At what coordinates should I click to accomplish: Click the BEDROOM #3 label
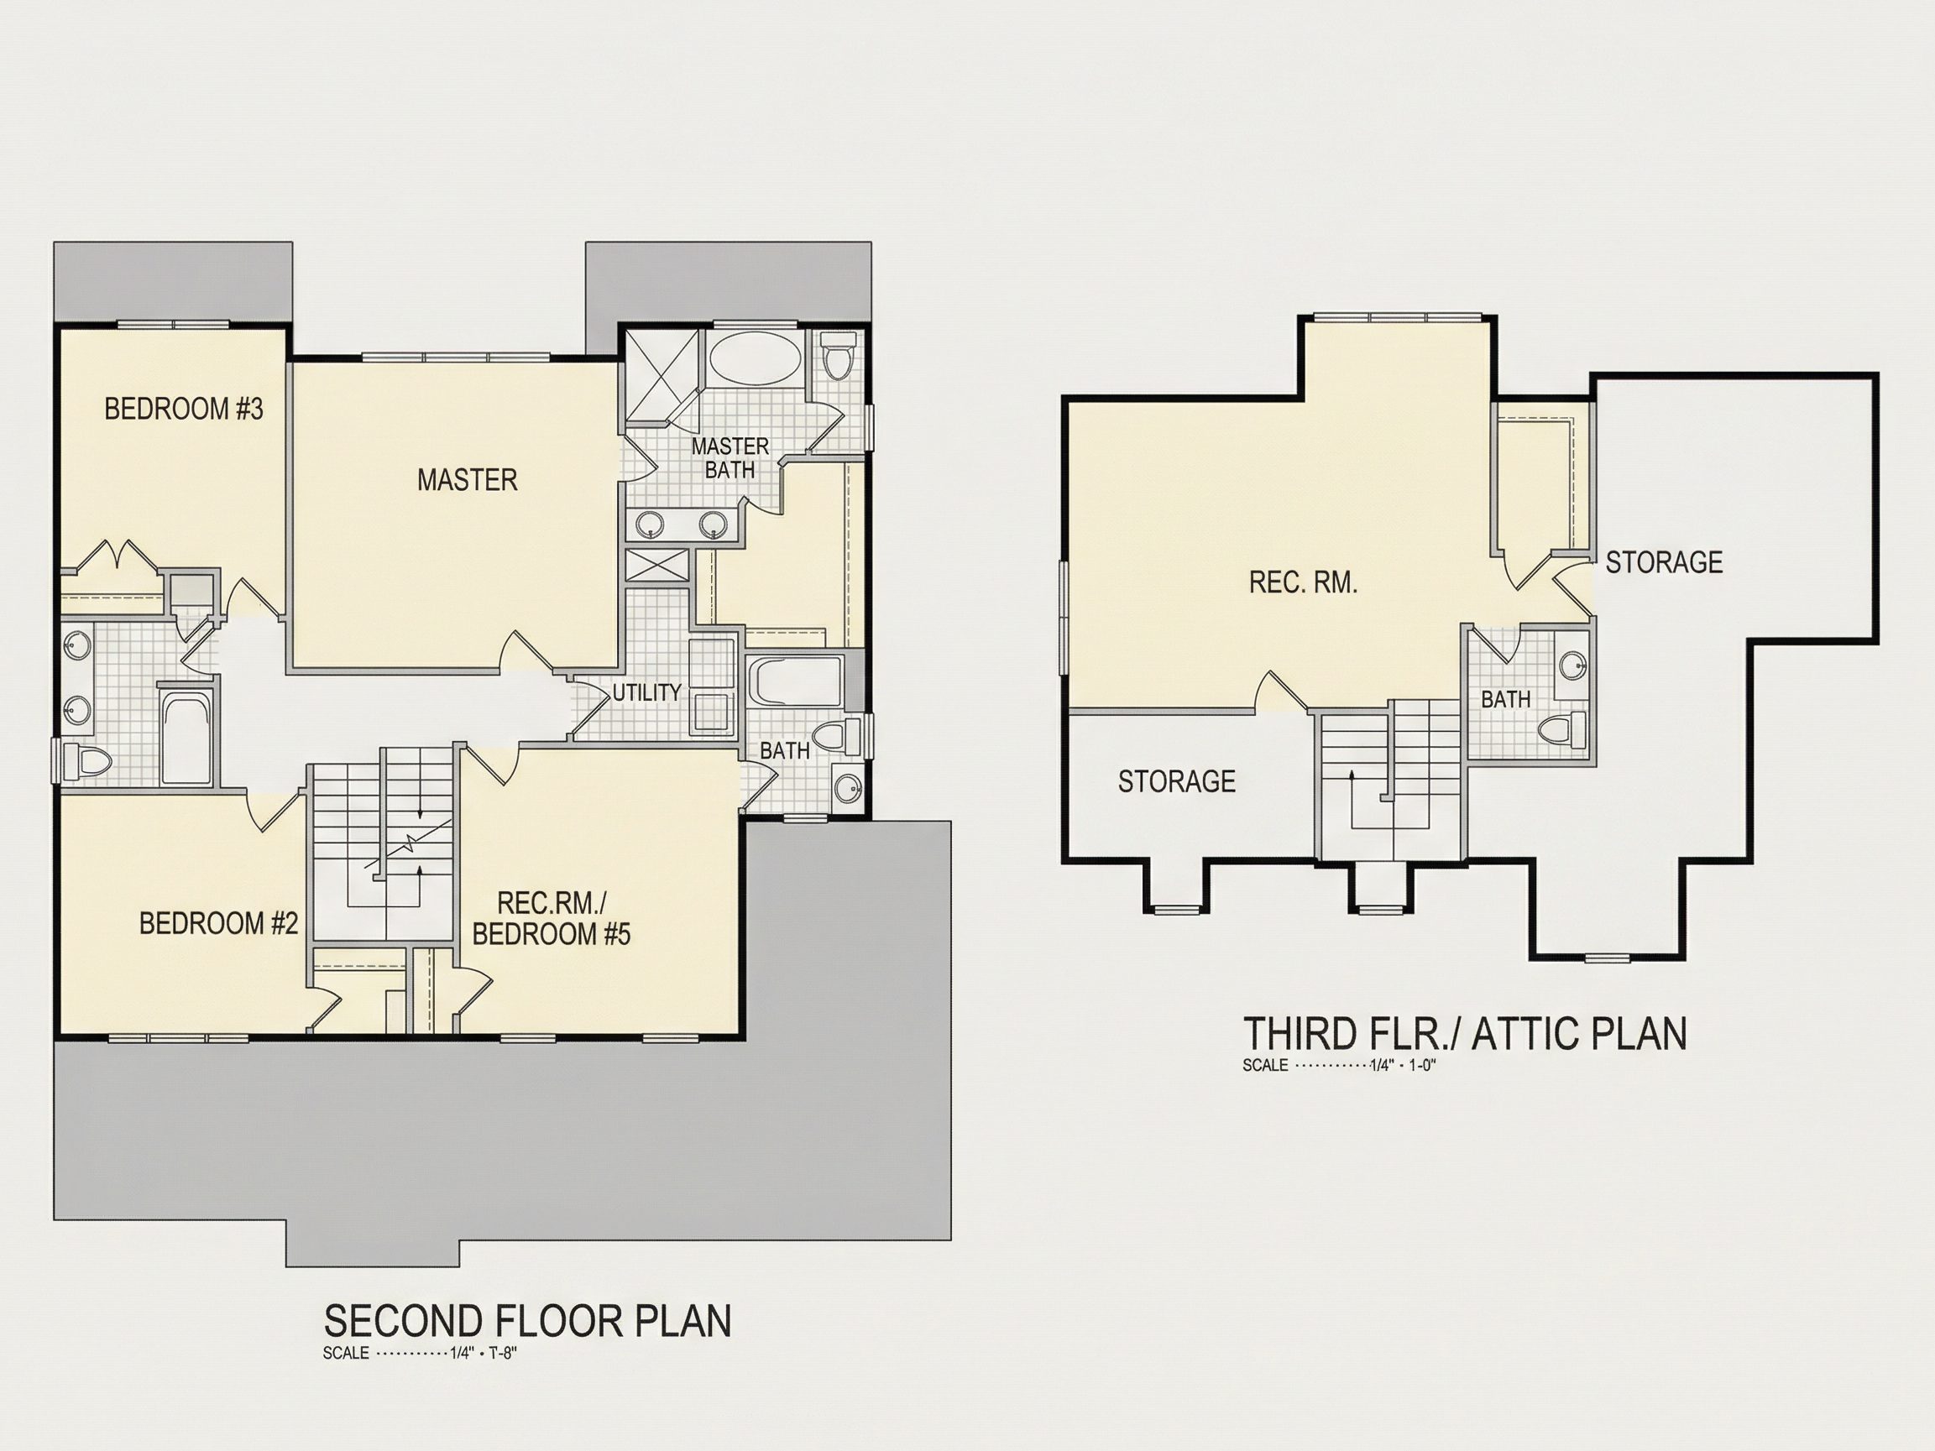click(x=184, y=409)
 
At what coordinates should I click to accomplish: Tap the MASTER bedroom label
click(x=467, y=479)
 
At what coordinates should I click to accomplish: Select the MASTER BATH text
click(x=730, y=458)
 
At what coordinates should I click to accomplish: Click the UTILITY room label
click(x=646, y=692)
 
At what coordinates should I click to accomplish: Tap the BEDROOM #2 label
click(x=219, y=923)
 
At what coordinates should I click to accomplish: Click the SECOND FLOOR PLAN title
click(x=527, y=1321)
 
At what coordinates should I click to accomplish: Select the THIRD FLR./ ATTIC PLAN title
click(x=1464, y=1034)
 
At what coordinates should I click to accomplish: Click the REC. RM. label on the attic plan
click(x=1304, y=582)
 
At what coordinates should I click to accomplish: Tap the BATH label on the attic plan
click(x=1505, y=699)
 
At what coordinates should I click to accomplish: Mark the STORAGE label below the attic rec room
click(x=1177, y=781)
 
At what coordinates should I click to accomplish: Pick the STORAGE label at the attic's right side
click(x=1664, y=561)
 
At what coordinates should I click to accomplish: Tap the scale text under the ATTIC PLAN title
click(x=1339, y=1065)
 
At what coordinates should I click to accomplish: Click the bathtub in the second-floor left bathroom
click(x=186, y=737)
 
